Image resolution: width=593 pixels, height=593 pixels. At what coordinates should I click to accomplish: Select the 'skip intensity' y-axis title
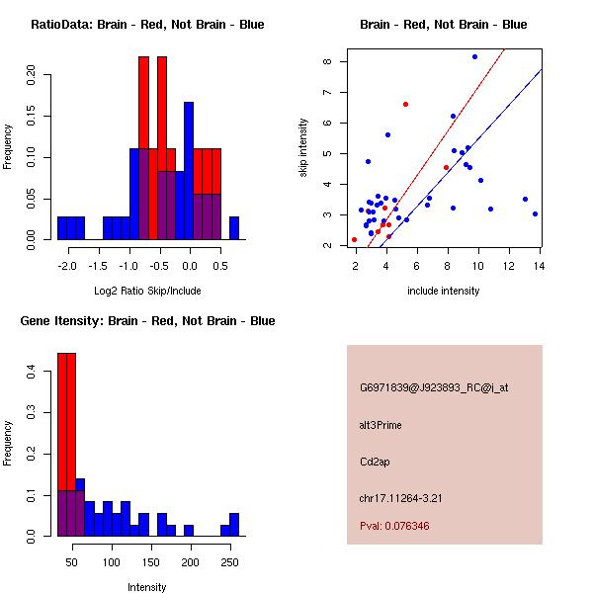(x=303, y=148)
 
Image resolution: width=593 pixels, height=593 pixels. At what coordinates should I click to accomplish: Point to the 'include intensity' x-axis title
(x=445, y=291)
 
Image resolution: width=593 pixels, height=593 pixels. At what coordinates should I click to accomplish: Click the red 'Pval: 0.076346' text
(x=394, y=526)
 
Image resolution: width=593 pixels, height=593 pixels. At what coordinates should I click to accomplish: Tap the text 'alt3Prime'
(x=381, y=425)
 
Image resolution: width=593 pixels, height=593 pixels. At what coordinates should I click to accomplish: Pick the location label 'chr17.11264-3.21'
(x=400, y=498)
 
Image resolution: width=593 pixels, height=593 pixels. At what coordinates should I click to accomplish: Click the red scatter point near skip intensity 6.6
(x=405, y=104)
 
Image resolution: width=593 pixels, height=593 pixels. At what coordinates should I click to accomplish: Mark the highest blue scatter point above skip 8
(x=474, y=57)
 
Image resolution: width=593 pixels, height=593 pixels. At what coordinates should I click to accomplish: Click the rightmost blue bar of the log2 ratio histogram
(x=234, y=228)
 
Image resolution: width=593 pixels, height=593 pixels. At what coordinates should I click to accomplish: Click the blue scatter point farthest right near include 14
(x=535, y=213)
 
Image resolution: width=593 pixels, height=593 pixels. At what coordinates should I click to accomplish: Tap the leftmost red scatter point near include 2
(x=354, y=239)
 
